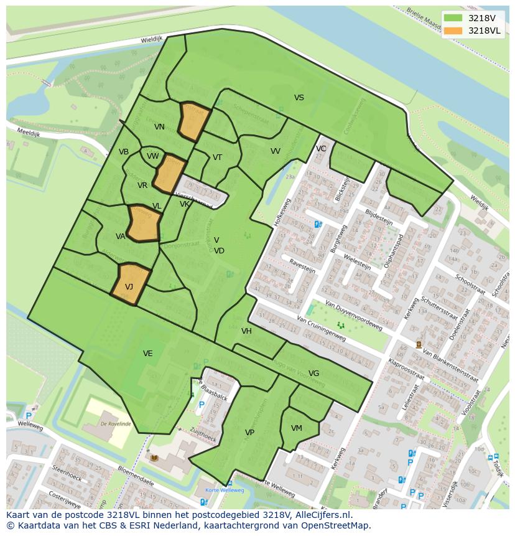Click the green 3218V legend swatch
[453, 18]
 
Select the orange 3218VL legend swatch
[453, 31]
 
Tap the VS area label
[299, 98]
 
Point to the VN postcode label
[159, 127]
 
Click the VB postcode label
[124, 152]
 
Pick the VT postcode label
[217, 158]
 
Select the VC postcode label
[321, 149]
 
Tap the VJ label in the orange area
[129, 287]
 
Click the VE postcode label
[147, 354]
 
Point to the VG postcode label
[313, 374]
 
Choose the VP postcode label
[249, 433]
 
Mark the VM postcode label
[296, 428]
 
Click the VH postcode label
[246, 331]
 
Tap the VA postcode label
[121, 237]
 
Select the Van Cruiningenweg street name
[321, 328]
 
